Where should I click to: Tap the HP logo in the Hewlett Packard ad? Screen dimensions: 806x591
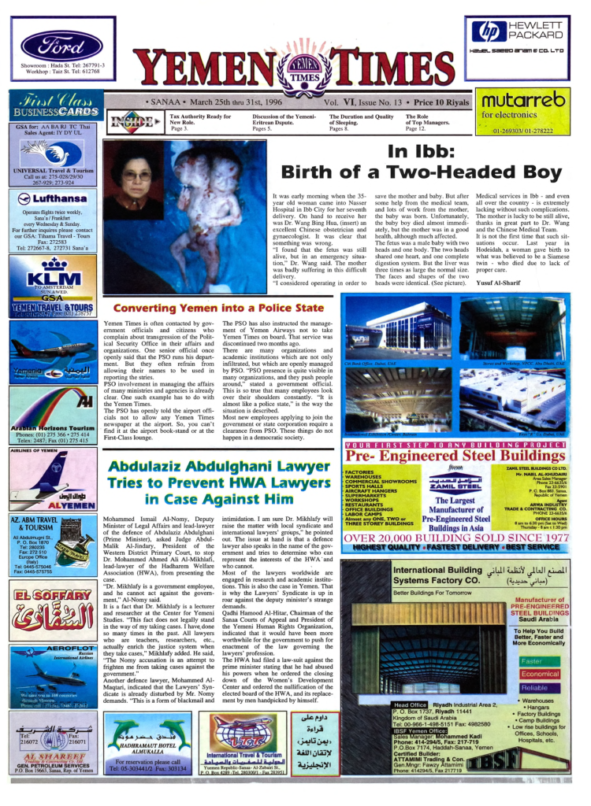pos(482,32)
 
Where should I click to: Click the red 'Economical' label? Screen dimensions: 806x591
pos(540,674)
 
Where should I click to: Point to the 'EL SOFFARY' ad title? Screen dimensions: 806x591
pos(52,596)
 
